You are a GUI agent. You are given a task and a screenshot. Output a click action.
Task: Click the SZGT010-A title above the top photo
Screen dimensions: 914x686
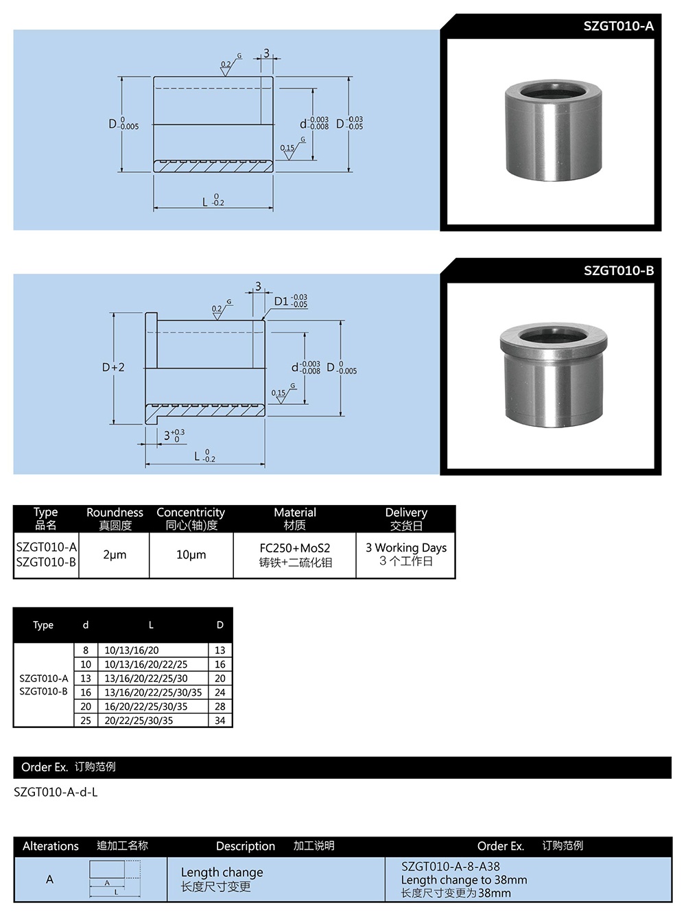click(618, 26)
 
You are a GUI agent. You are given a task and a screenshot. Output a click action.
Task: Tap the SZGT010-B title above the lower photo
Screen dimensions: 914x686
click(618, 270)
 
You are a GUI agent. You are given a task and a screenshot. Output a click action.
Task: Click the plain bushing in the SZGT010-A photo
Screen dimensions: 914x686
click(553, 130)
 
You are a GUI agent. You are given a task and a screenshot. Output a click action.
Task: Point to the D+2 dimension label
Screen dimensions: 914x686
click(113, 368)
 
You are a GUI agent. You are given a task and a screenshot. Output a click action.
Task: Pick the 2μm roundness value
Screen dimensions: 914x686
click(115, 554)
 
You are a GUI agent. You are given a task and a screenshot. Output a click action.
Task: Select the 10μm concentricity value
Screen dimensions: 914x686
click(191, 554)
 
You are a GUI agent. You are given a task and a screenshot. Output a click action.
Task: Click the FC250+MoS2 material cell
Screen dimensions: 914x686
click(295, 548)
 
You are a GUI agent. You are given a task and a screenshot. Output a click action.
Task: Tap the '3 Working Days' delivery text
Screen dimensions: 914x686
click(405, 548)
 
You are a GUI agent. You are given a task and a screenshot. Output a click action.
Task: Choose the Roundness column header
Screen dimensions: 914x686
click(115, 513)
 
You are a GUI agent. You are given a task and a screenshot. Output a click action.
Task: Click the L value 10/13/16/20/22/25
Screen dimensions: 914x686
click(145, 664)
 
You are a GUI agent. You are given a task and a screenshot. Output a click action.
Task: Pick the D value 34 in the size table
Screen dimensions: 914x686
click(220, 720)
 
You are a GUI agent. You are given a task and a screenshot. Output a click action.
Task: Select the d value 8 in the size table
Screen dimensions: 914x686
click(86, 650)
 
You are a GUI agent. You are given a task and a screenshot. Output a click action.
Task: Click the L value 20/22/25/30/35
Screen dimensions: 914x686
click(139, 720)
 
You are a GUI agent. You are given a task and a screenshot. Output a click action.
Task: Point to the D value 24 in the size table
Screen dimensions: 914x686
click(220, 692)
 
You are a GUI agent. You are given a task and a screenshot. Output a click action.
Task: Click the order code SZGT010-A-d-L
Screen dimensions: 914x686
click(56, 792)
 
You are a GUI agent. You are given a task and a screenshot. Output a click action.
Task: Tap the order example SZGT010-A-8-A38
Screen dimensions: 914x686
click(450, 867)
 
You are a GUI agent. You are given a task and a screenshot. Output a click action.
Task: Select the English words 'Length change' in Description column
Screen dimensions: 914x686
click(222, 872)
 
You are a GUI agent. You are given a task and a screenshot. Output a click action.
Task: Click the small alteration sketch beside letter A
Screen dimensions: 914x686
click(115, 879)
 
